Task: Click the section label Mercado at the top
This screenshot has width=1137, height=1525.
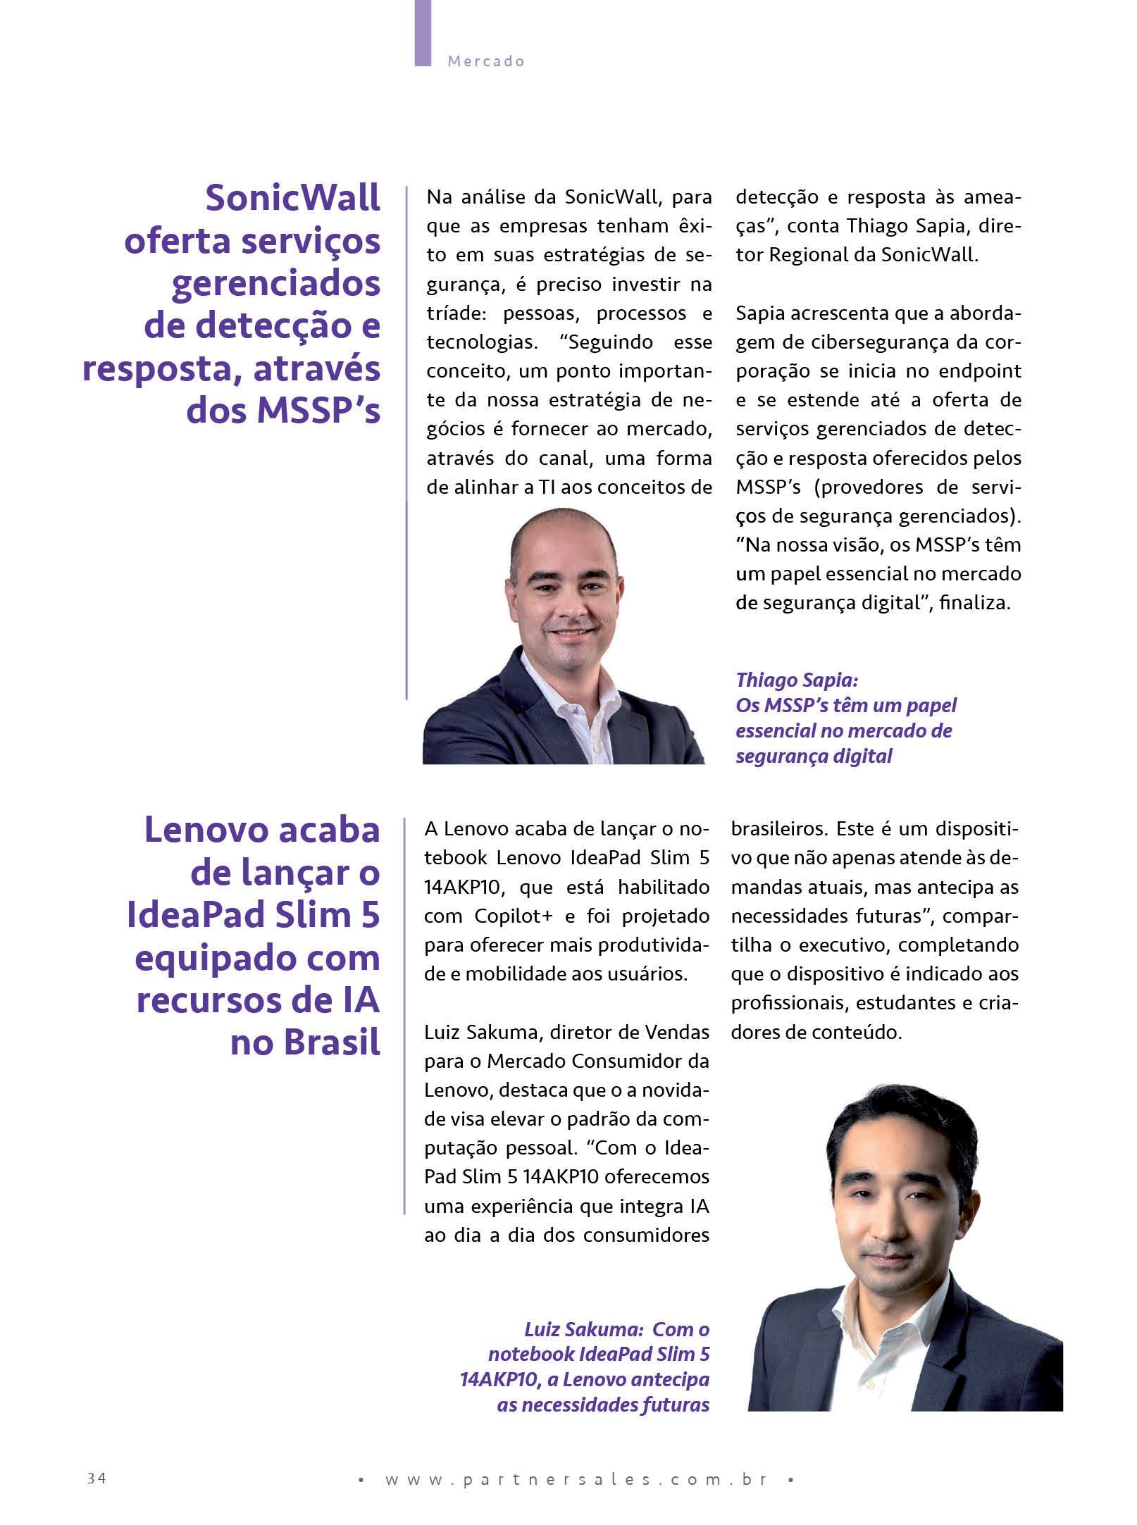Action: tap(486, 61)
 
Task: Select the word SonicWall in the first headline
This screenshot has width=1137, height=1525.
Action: tap(292, 198)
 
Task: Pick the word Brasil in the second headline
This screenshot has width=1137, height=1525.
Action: tap(306, 1042)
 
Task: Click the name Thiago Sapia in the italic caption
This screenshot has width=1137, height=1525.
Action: tap(796, 680)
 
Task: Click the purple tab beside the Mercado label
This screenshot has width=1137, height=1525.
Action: tap(423, 32)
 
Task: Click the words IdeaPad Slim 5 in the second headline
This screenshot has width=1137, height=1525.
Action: tap(254, 915)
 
